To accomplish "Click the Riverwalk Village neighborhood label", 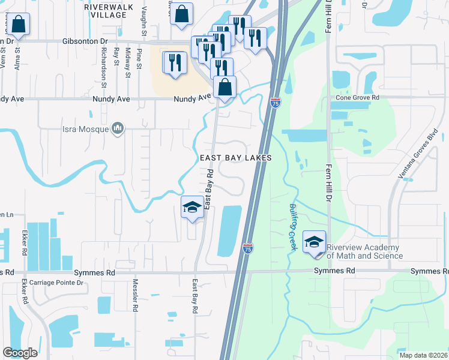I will click(x=105, y=10).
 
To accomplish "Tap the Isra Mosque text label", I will click(x=86, y=128).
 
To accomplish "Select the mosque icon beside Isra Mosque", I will click(x=118, y=128).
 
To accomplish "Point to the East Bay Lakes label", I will click(x=236, y=158).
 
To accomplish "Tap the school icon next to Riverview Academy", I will click(x=314, y=241).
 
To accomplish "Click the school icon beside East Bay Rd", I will click(x=192, y=207).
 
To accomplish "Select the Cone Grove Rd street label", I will click(x=358, y=97).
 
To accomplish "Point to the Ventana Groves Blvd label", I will click(x=411, y=158).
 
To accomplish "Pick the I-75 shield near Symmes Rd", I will click(x=248, y=247).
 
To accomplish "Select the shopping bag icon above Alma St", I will click(x=19, y=25).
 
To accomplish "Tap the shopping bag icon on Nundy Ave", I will click(x=224, y=87).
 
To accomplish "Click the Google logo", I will click(x=20, y=353).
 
